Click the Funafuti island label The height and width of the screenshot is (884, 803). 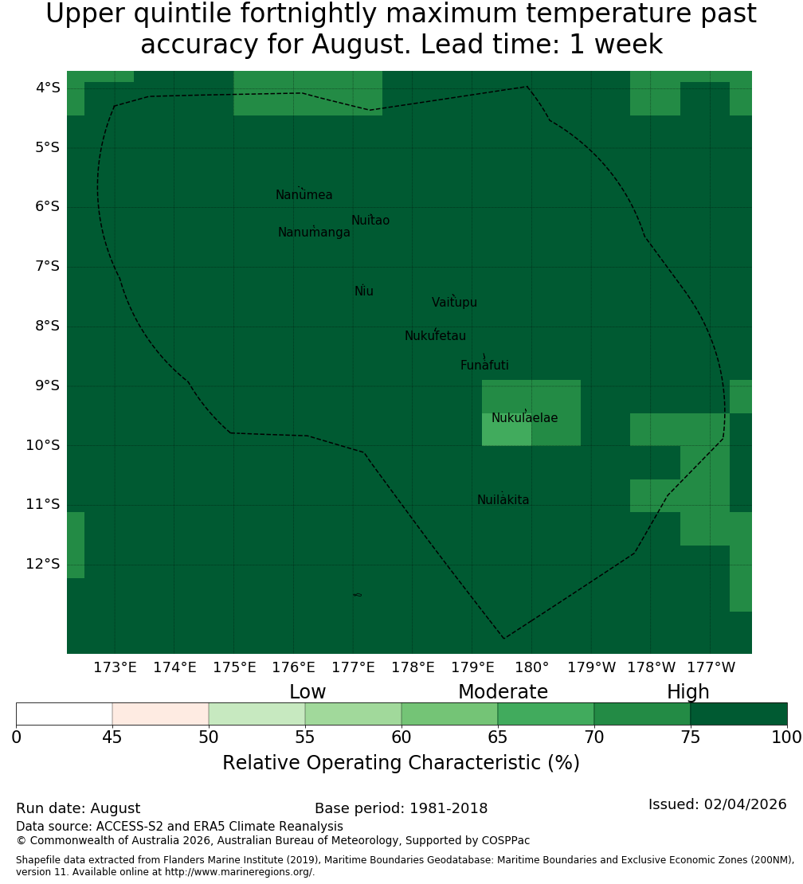484,366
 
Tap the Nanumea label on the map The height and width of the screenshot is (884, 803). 304,195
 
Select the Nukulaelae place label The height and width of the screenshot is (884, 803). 524,418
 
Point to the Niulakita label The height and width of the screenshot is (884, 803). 503,500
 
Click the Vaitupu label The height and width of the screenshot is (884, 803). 455,303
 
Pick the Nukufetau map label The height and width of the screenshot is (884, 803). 435,336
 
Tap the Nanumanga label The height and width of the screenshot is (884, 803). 314,233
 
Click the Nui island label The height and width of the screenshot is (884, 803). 364,291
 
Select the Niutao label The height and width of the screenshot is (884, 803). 370,221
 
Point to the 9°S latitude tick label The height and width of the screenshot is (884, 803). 47,385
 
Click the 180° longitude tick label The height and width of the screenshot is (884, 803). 532,667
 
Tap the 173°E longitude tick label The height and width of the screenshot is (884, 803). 115,667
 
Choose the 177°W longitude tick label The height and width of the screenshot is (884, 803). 711,667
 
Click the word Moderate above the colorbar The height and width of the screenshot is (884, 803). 503,692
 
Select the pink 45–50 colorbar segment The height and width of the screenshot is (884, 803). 161,714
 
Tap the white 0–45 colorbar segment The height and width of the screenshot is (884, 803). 65,714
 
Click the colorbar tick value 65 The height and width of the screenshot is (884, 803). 497,737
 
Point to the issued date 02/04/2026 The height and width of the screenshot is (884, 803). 745,804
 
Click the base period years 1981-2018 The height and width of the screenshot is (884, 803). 449,808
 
